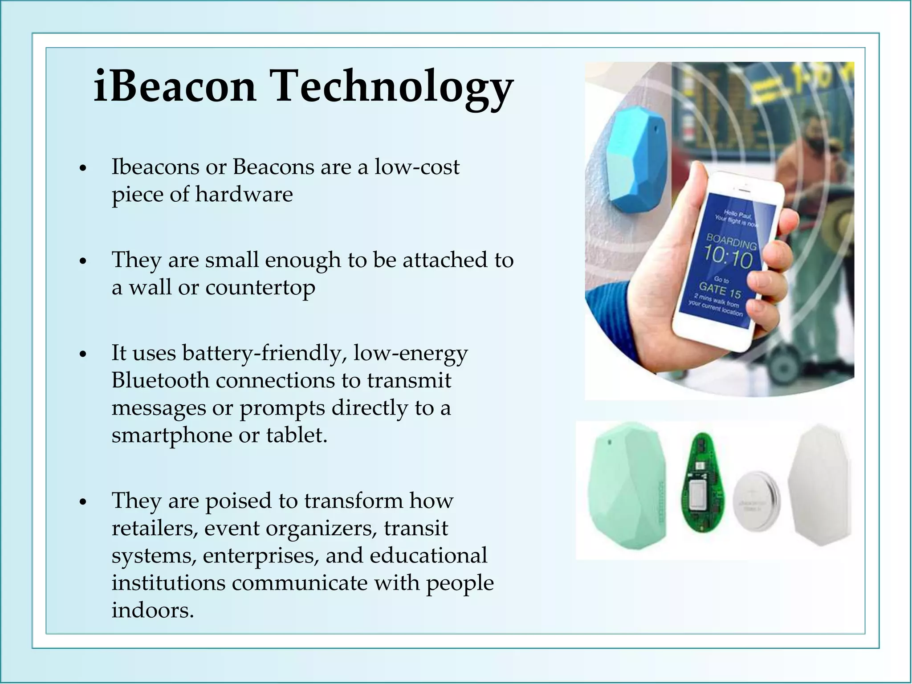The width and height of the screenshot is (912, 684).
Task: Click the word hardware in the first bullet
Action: [x=244, y=194]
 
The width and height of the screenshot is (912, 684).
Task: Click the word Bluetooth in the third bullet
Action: [x=160, y=380]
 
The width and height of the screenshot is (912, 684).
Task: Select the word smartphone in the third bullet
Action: [x=171, y=435]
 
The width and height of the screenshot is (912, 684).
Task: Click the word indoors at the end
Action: [x=153, y=610]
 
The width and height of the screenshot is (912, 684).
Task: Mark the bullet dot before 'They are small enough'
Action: [x=82, y=261]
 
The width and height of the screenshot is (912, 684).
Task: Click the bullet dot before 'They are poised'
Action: [x=82, y=502]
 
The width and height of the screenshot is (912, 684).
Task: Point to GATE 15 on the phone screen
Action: [x=720, y=290]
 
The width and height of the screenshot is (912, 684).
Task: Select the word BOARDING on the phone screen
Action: [x=732, y=242]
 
